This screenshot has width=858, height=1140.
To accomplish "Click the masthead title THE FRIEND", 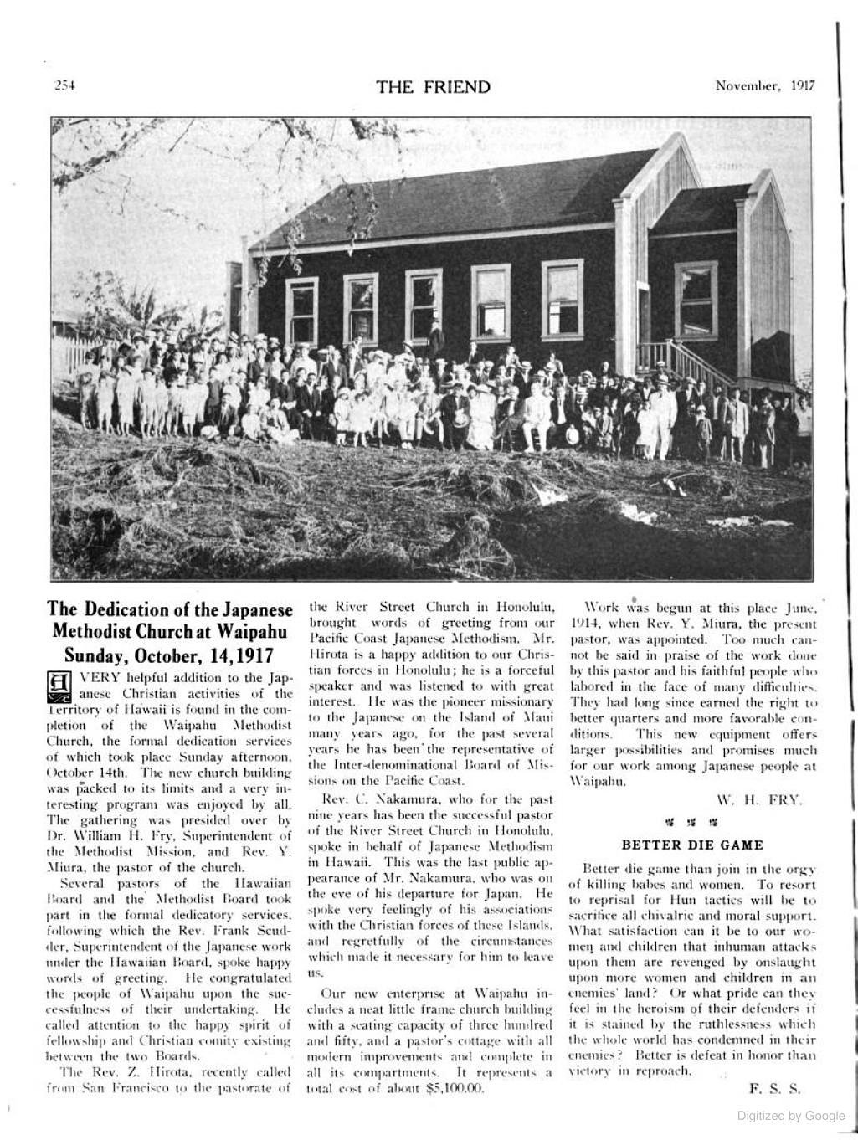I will click(x=433, y=86).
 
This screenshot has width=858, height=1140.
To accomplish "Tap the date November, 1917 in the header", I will click(x=765, y=85).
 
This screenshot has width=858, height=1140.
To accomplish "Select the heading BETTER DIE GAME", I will click(x=692, y=845).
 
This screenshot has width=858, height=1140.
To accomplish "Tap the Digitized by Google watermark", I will click(x=790, y=1116).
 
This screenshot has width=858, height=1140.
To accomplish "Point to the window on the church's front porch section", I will click(x=696, y=299).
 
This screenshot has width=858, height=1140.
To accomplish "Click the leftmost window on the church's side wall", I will click(x=301, y=311).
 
